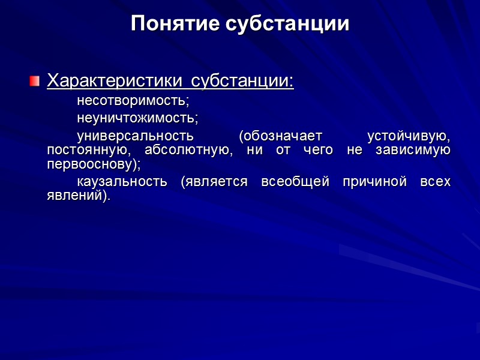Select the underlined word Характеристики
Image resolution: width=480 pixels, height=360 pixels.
116,80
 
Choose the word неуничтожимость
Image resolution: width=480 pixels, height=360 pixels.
137,117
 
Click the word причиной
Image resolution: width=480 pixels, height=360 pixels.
371,182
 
